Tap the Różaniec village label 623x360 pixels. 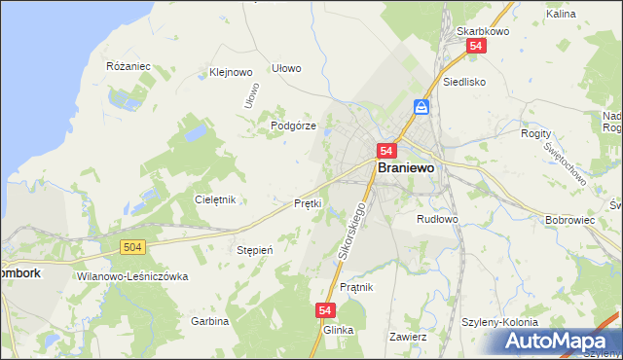click(128, 66)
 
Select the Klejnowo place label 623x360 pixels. click(231, 72)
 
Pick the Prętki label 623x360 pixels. click(308, 203)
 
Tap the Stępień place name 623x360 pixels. click(254, 250)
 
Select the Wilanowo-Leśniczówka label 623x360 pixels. click(131, 276)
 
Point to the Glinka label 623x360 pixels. click(337, 330)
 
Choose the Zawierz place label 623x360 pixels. click(408, 337)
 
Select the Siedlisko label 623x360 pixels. click(464, 83)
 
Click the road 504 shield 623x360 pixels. click(134, 248)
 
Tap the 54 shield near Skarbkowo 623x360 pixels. click(476, 46)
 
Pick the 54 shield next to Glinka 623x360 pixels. click(325, 309)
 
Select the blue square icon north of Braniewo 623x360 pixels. click(421, 106)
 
